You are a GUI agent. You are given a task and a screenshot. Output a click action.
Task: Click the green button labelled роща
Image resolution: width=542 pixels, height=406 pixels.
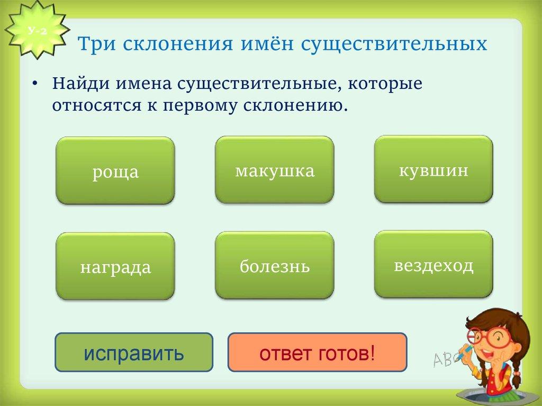point(115,171)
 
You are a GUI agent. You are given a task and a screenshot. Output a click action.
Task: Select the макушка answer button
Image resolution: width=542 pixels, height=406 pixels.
point(274,170)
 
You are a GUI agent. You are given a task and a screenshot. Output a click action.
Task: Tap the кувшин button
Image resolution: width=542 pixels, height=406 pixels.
point(433,169)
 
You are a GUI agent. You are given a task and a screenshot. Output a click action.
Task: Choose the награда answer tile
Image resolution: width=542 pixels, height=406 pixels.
point(115,266)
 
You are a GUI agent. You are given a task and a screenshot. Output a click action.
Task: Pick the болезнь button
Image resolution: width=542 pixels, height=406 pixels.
point(274,265)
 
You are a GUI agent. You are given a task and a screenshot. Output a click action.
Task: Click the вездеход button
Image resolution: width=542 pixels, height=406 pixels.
point(433,264)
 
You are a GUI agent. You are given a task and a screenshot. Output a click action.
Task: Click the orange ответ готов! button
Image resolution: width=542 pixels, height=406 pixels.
point(317,352)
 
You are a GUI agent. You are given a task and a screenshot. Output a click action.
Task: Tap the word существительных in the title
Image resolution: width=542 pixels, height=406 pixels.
point(394,43)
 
